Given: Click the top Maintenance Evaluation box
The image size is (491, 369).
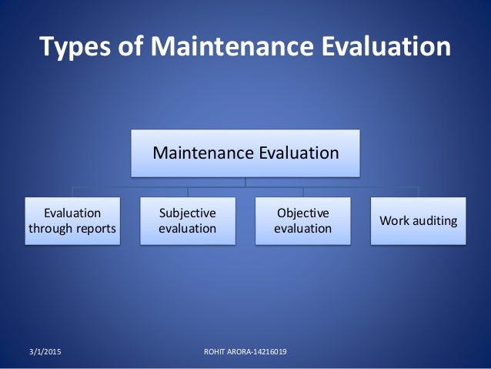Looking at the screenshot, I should click(x=245, y=153).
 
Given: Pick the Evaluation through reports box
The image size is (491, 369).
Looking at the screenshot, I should click(x=72, y=220).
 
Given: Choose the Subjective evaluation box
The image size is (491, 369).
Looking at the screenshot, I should click(x=188, y=220).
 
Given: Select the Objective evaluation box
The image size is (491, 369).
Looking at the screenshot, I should click(x=303, y=220).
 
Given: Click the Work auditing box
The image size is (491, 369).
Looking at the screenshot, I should click(x=418, y=221).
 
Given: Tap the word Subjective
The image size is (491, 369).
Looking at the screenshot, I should click(x=188, y=213).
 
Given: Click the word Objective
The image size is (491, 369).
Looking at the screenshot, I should click(x=303, y=213).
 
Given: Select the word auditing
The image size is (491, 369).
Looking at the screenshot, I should click(x=434, y=221).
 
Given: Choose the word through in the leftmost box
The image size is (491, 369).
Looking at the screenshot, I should click(x=50, y=229).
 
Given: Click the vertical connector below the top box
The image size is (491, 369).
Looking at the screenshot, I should click(x=245, y=181).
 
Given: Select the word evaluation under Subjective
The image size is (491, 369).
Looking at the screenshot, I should click(x=188, y=229).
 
